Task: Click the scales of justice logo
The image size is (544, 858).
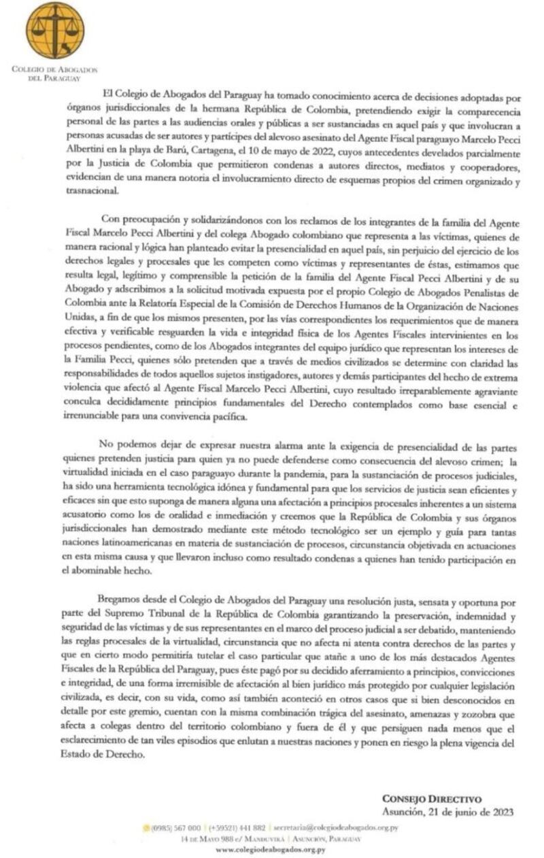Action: pyautogui.click(x=55, y=31)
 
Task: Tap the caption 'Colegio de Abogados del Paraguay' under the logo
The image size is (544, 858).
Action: pyautogui.click(x=55, y=73)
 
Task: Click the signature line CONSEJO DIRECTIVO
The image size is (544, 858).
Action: pyautogui.click(x=432, y=799)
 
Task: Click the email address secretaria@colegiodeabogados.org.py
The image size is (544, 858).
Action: pyautogui.click(x=335, y=827)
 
